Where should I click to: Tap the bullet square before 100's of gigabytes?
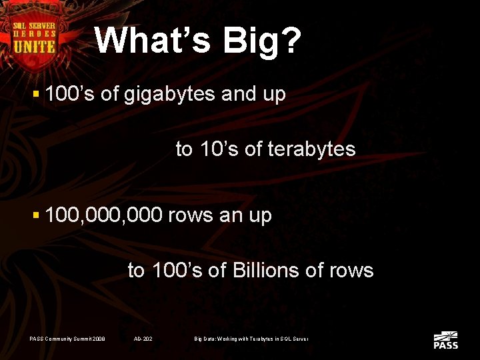click(x=37, y=95)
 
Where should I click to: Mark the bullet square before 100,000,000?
click(x=37, y=216)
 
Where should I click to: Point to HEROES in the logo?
click(x=35, y=33)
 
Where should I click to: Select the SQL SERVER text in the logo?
click(x=35, y=25)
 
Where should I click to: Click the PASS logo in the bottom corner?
click(x=445, y=340)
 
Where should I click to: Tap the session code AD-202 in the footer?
click(x=143, y=339)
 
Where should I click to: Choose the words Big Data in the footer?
click(x=205, y=339)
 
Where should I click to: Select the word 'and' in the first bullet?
click(x=239, y=94)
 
